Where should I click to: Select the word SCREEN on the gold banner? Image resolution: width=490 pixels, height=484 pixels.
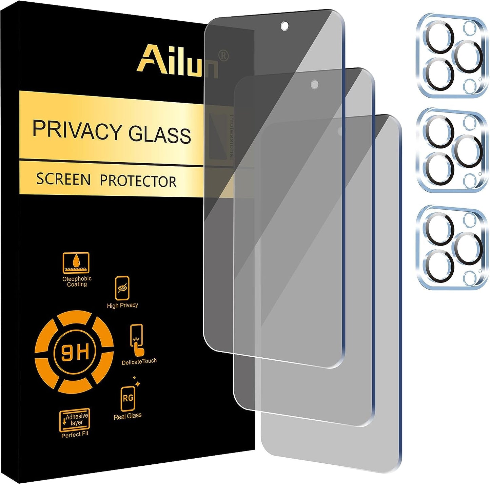click(x=63, y=179)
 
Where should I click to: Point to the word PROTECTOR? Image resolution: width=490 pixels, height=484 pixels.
click(x=138, y=181)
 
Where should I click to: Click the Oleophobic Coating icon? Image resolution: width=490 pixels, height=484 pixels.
click(x=76, y=262)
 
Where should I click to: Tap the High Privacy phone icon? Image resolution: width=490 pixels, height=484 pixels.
click(x=122, y=288)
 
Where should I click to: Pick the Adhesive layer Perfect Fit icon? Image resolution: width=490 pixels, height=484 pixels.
click(x=75, y=419)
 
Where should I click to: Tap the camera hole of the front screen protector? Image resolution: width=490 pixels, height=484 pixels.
click(x=285, y=26)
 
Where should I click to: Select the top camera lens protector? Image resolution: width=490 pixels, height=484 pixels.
click(x=451, y=56)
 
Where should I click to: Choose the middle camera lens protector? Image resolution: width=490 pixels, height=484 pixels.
click(x=451, y=151)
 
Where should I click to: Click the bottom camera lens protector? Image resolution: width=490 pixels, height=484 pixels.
click(x=451, y=247)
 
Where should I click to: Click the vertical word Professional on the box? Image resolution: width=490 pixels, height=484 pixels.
click(x=232, y=137)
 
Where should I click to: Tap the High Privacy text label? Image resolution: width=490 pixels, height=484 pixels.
click(x=122, y=305)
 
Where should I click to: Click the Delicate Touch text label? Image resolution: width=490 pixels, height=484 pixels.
click(x=139, y=361)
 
